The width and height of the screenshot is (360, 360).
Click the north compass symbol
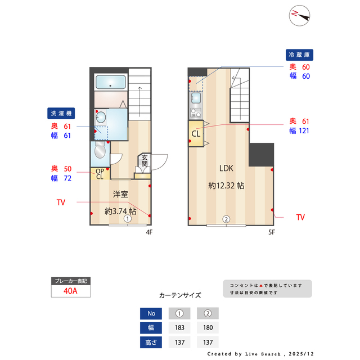(300, 15)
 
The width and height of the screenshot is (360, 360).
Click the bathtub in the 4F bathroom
(110, 82)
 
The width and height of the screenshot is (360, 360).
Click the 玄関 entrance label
(145, 161)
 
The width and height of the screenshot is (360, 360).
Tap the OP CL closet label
(99, 174)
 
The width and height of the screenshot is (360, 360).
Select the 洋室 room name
(120, 195)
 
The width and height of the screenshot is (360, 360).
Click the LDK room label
(226, 168)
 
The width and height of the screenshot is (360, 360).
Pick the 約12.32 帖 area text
(226, 185)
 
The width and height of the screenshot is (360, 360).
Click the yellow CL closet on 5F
(196, 134)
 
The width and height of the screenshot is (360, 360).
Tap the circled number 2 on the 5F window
(226, 219)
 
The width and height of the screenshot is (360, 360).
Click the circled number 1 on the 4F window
(128, 219)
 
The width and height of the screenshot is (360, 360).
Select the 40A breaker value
(71, 291)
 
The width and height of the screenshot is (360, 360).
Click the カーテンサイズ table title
(180, 295)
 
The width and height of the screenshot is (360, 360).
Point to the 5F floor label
(271, 232)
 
